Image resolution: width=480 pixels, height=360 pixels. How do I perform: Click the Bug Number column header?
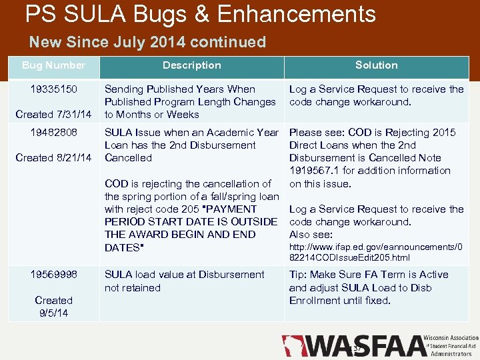point(53,65)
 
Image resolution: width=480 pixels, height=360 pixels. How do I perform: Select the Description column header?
point(191,65)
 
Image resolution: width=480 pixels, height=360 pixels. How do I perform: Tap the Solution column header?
point(376,65)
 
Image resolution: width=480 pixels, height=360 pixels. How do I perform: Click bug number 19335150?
point(53,89)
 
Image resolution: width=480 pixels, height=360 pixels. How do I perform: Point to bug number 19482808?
point(53,133)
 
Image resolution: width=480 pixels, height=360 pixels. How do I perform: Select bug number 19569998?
point(53,275)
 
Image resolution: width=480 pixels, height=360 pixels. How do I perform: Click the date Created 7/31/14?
point(53,115)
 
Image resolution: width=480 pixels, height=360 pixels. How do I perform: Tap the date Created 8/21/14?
point(53,158)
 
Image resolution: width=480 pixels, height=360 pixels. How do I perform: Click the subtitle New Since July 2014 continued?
point(147,43)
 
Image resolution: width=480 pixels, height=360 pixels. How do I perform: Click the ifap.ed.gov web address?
point(376,251)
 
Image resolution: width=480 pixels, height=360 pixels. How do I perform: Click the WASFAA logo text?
point(365,346)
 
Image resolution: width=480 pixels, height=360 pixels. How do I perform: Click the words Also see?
point(311,235)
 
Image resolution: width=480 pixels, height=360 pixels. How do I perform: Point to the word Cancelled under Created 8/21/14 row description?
point(129,158)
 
